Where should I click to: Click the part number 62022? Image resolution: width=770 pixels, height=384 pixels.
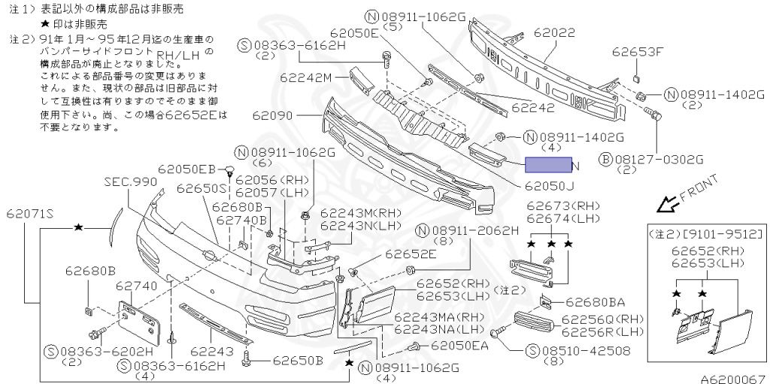(554, 34)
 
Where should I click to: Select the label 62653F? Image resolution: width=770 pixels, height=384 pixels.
(638, 52)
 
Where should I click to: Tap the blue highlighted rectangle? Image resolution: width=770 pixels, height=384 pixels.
(547, 165)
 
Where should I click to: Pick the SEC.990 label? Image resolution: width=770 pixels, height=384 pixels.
(131, 182)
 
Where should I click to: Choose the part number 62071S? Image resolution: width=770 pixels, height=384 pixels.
(31, 213)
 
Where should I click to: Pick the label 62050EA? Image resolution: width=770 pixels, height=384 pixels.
(459, 346)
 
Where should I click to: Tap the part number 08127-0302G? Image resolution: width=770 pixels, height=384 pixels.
(659, 159)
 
